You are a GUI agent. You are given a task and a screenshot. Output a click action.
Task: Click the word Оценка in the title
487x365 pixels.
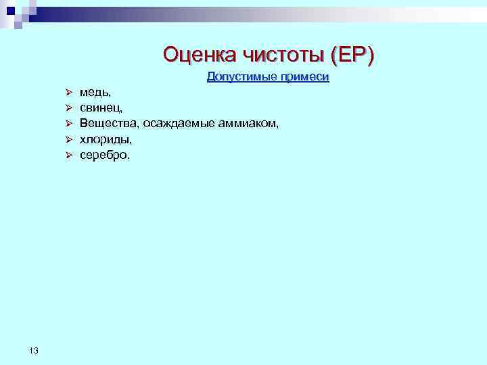pyautogui.click(x=196, y=54)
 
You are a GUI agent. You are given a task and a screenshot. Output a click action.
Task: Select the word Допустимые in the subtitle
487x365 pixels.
pyautogui.click(x=237, y=77)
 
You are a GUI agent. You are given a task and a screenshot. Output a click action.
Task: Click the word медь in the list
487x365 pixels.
pyautogui.click(x=93, y=92)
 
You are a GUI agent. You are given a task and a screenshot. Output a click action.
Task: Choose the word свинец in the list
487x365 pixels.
pyautogui.click(x=100, y=107)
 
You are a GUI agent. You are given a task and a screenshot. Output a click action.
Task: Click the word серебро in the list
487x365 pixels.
pyautogui.click(x=102, y=155)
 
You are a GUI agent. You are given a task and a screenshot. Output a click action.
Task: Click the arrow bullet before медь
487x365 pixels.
pyautogui.click(x=68, y=92)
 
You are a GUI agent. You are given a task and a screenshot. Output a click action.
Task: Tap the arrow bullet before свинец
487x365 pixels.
pyautogui.click(x=68, y=107)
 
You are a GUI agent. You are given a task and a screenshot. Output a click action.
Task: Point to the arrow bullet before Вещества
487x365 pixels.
pyautogui.click(x=68, y=123)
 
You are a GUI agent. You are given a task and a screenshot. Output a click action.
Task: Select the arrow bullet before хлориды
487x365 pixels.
pyautogui.click(x=68, y=139)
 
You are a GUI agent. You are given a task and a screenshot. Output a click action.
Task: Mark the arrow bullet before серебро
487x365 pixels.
pyautogui.click(x=68, y=155)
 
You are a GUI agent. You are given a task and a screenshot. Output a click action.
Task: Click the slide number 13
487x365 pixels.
pyautogui.click(x=34, y=349)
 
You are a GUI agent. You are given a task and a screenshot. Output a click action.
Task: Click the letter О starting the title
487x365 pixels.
pyautogui.click(x=172, y=54)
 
